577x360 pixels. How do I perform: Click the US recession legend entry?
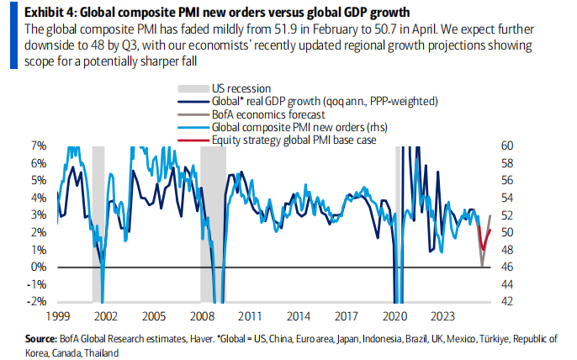coord(241,87)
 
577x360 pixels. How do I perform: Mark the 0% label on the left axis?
coord(40,267)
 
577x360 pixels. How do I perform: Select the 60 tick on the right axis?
coord(513,146)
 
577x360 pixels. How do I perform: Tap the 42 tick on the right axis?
coord(513,301)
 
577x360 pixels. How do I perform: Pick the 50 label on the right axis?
coord(513,232)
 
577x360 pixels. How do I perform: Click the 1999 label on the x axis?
coord(58,317)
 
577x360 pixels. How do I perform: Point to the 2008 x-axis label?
coord(200,317)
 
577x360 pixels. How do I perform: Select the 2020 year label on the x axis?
coord(394,317)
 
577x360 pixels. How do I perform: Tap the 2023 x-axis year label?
coord(442,317)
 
